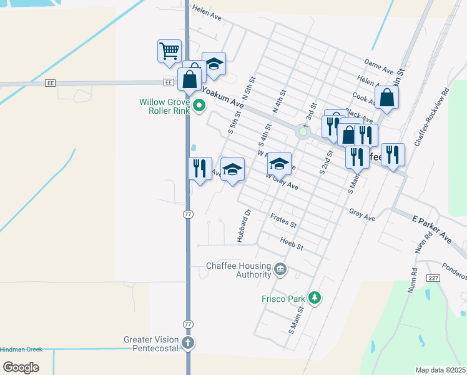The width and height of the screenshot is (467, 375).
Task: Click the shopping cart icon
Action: point(169,51)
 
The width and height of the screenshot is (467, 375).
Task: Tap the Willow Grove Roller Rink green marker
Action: point(199,105)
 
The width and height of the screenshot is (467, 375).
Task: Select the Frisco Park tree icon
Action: point(315,297)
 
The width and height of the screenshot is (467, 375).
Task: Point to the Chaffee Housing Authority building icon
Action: point(280,270)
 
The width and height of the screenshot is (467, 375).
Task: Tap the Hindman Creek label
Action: point(21,349)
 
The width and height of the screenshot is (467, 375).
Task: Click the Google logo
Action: point(21,367)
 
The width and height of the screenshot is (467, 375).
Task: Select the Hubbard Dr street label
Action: point(243,226)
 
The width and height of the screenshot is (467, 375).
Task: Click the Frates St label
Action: point(283,220)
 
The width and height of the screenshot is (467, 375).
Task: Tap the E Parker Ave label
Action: point(432,229)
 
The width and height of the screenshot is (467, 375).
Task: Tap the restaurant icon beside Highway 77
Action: point(200,168)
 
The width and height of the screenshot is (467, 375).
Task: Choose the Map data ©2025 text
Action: point(440,370)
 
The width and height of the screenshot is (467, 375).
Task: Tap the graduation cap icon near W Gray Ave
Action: point(279,164)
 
